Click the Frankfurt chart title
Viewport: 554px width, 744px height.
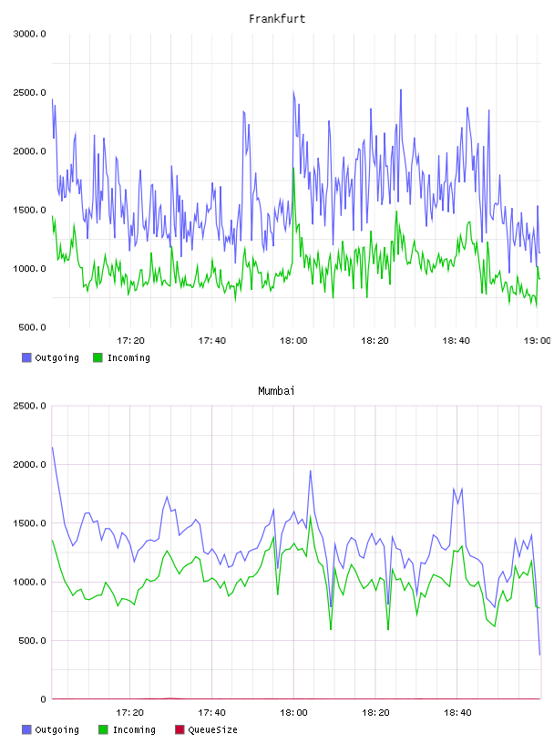277,18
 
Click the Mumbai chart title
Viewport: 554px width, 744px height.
276,390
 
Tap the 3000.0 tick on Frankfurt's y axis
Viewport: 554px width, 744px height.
29,34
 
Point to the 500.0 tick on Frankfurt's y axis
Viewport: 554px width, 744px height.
32,327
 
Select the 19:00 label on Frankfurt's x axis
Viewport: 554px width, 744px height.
537,340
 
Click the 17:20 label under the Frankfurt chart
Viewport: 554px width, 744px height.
130,340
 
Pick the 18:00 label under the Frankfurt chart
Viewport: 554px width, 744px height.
293,340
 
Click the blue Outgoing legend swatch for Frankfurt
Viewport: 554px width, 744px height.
26,357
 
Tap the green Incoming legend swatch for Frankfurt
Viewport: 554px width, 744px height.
97,357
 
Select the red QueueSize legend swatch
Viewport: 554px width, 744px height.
180,729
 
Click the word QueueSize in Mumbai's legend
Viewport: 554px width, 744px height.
212,729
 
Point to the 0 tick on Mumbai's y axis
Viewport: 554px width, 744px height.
43,699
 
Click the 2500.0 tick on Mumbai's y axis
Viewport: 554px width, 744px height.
29,406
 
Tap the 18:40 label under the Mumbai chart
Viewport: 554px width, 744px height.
457,712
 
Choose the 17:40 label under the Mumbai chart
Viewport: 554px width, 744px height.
211,712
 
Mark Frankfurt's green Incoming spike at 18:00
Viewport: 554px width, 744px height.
293,168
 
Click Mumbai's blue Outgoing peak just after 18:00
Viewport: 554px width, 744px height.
310,470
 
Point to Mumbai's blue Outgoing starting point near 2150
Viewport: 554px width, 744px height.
52,447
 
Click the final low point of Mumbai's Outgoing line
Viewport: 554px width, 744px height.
539,655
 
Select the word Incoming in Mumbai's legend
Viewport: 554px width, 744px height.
134,729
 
